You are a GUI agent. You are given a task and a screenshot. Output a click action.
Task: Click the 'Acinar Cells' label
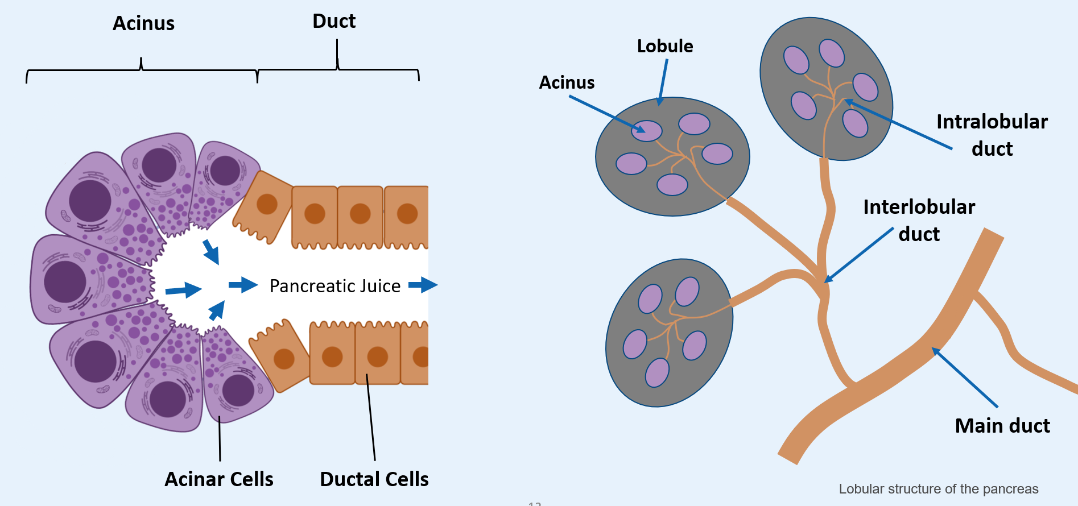point(219,479)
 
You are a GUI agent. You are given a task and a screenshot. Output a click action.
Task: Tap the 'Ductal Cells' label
point(374,479)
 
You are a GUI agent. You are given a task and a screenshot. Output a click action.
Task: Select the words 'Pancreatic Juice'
point(335,285)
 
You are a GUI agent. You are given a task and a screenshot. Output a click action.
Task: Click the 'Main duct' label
point(1002,425)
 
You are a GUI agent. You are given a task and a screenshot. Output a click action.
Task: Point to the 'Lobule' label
point(665,45)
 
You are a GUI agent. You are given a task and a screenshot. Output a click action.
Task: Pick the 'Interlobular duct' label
point(919,220)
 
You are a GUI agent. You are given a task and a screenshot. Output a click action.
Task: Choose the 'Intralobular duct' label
point(992,135)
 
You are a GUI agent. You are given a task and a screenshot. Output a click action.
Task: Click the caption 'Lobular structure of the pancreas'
point(939,489)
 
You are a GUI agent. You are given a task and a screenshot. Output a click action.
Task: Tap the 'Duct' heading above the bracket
point(334,21)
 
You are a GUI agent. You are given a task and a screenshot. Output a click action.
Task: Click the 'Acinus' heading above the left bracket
point(143,23)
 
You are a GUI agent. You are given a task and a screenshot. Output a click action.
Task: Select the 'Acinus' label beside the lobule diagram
point(567,82)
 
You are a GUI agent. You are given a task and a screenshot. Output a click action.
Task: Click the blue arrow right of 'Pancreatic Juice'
point(423,284)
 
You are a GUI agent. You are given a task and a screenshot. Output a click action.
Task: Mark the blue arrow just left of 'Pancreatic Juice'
point(243,284)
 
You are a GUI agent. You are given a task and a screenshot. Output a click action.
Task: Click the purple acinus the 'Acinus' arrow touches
point(647,131)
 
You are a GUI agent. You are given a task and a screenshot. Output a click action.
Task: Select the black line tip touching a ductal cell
point(367,374)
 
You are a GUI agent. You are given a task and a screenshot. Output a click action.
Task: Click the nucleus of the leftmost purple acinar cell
point(65,282)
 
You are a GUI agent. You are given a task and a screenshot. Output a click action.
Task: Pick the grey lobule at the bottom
point(670,333)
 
